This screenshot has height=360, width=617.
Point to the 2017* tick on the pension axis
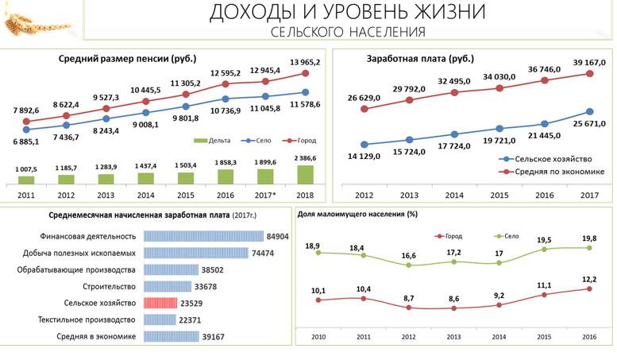[264, 194]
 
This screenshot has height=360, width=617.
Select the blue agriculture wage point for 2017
[590, 112]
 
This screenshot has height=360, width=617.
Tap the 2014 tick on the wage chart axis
[454, 195]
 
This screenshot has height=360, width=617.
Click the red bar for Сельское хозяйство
[160, 303]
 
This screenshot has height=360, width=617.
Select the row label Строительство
[109, 286]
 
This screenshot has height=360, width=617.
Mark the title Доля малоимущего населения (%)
[357, 214]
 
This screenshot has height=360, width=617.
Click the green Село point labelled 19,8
[589, 248]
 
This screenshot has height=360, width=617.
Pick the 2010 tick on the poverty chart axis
[318, 338]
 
